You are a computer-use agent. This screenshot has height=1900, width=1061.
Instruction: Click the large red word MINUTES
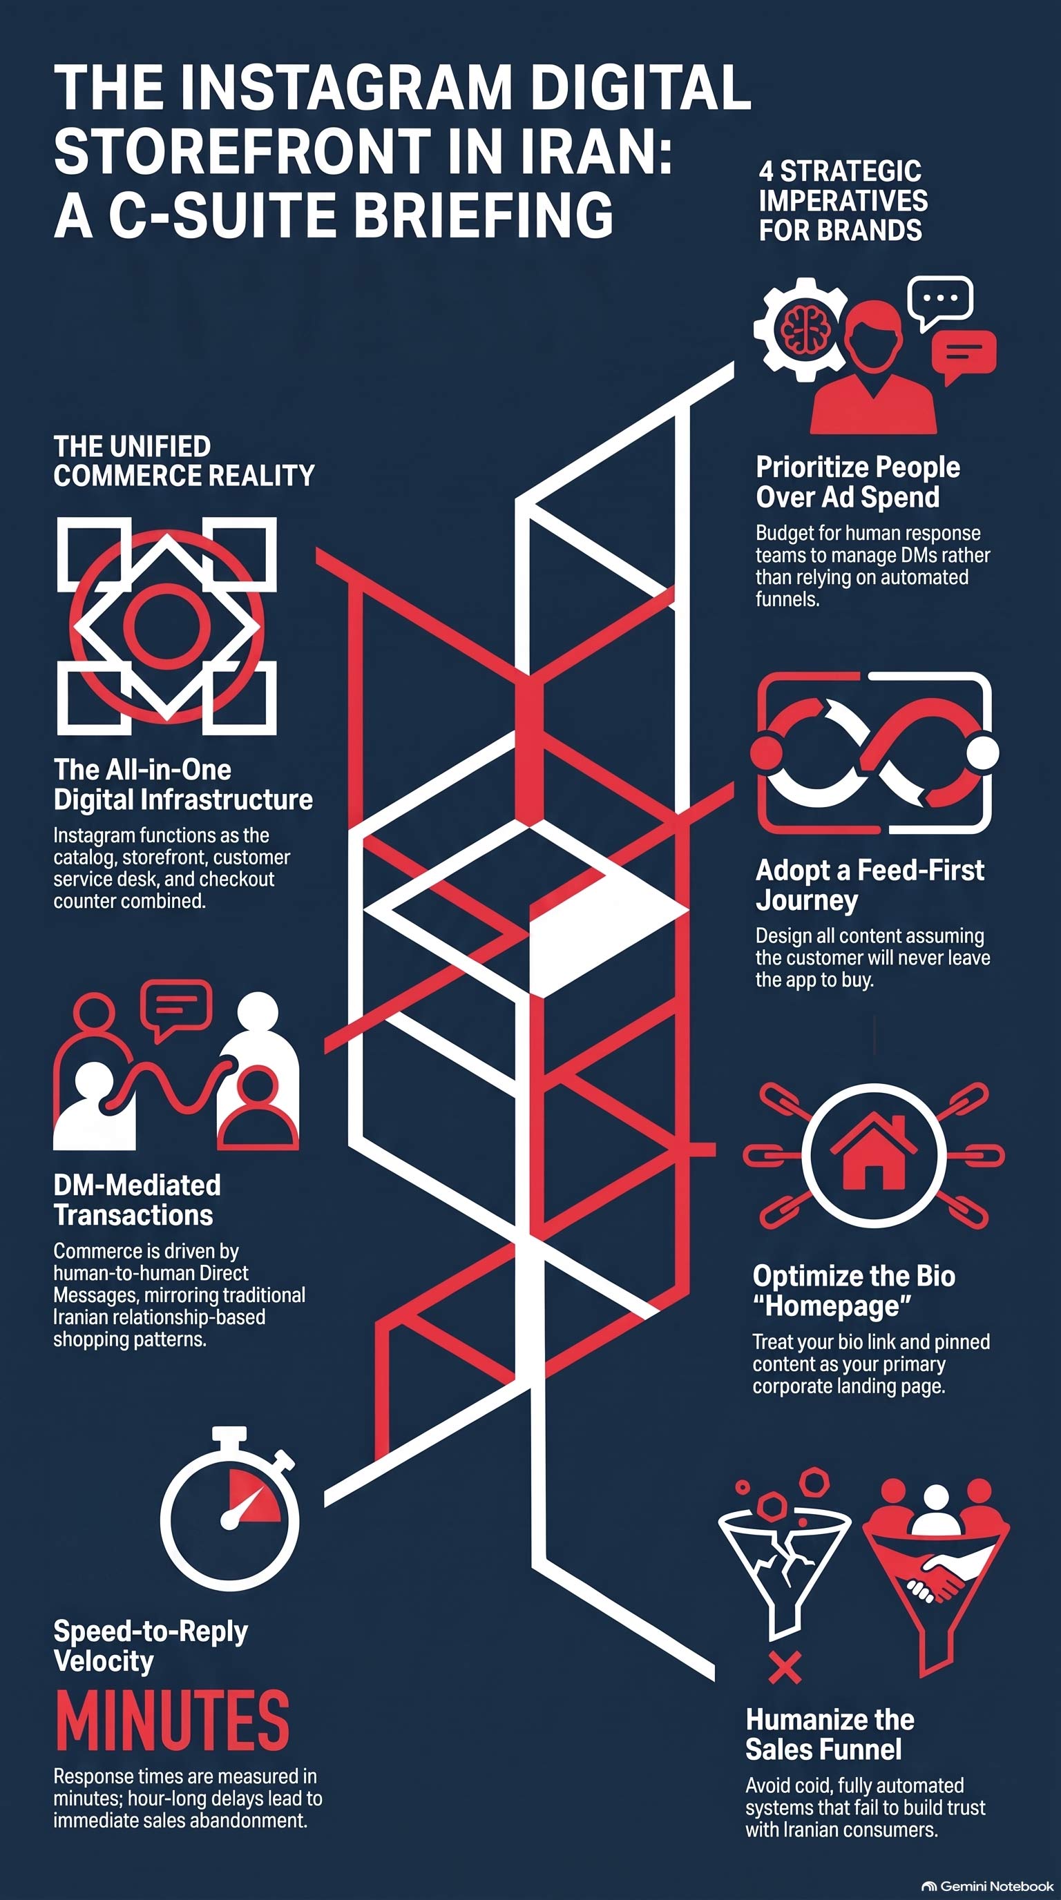click(172, 1720)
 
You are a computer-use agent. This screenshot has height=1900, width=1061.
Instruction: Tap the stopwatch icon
click(229, 1509)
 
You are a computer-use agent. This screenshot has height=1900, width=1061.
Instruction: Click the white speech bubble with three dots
click(940, 302)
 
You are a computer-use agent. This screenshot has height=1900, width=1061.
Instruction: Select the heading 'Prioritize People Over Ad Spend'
click(857, 482)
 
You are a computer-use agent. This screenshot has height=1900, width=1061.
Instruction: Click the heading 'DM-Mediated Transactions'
click(137, 1200)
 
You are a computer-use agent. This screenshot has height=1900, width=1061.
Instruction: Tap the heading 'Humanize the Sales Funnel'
click(830, 1735)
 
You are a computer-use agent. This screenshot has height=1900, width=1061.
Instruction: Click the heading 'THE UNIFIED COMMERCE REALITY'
click(184, 461)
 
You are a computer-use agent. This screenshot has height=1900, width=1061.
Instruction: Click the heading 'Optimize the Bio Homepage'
click(854, 1291)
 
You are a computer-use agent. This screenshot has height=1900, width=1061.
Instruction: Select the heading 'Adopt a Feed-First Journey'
click(869, 885)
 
